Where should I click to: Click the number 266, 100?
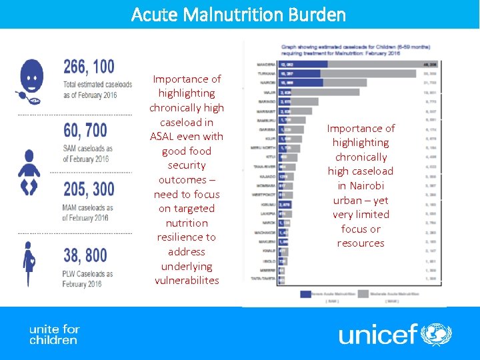[x=89, y=67]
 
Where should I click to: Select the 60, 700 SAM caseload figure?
[x=85, y=130]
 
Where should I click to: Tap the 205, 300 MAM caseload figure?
[x=89, y=189]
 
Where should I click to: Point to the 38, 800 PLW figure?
[x=85, y=255]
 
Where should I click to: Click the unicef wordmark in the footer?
[x=378, y=333]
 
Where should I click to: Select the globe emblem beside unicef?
[x=437, y=333]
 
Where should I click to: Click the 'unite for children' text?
[x=53, y=335]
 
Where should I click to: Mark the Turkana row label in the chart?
[x=267, y=73]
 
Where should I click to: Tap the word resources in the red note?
[x=361, y=243]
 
